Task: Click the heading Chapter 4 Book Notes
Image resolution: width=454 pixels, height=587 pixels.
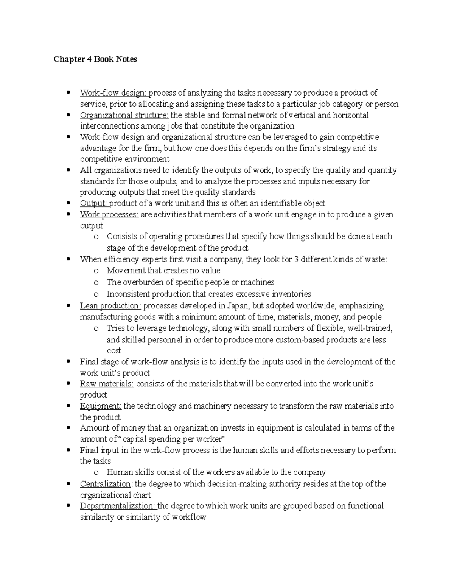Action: click(x=95, y=59)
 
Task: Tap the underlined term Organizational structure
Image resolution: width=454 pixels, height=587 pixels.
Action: click(x=124, y=115)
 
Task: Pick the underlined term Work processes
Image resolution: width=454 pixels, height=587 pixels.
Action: click(x=109, y=215)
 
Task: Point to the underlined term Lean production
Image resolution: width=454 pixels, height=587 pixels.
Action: click(x=110, y=306)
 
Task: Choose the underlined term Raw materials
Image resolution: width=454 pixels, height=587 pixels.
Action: click(x=106, y=384)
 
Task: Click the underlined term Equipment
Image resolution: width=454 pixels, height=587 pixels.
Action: click(x=100, y=406)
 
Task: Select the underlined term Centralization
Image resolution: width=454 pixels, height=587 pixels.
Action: click(x=106, y=484)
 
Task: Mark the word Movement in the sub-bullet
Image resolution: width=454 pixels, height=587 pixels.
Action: click(x=126, y=271)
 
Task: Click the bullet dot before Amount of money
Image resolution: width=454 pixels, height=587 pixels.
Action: click(x=68, y=428)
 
